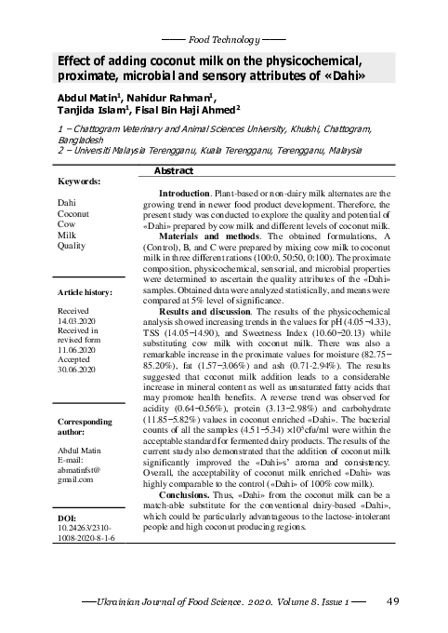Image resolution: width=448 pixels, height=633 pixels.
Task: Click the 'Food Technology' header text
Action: coord(223,41)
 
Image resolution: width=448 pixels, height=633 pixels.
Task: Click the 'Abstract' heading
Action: coord(172,172)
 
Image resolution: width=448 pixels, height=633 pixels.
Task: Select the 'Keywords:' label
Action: coord(80,182)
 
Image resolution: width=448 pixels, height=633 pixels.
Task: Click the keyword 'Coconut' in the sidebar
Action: coord(74,213)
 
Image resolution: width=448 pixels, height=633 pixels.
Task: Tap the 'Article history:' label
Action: coord(85,292)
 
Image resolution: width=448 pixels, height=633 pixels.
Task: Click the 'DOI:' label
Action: coord(68,515)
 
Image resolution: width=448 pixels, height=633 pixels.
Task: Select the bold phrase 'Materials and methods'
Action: coord(207,236)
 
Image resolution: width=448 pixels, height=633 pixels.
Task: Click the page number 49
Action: coord(392,601)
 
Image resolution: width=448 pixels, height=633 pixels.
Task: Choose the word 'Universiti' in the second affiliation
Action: coord(90,148)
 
